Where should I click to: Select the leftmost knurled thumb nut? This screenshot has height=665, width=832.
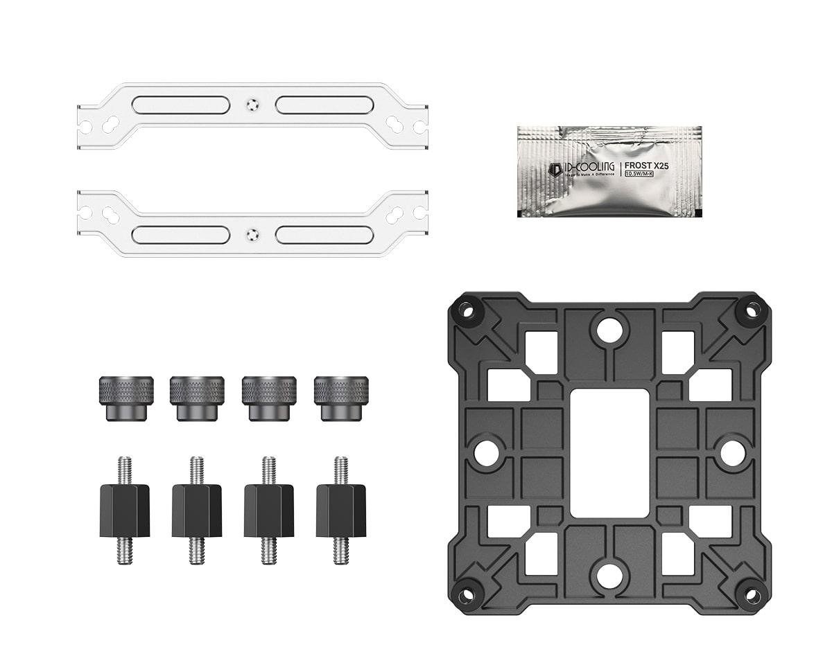click(x=125, y=398)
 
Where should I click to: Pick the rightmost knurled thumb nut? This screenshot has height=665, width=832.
click(x=340, y=398)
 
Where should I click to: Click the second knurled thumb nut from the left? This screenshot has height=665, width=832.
click(x=197, y=398)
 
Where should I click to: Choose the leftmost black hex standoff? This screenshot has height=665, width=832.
click(x=125, y=510)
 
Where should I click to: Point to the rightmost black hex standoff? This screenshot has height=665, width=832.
click(x=340, y=510)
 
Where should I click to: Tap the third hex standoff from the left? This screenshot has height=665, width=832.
click(x=268, y=510)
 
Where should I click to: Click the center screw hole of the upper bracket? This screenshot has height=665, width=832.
click(x=252, y=105)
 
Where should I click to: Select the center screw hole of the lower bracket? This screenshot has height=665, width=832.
click(x=252, y=234)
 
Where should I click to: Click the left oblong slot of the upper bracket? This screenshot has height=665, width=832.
click(x=181, y=105)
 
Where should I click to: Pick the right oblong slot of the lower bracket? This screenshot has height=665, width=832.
click(x=324, y=234)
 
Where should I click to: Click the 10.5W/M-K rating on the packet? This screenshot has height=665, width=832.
click(x=642, y=174)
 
